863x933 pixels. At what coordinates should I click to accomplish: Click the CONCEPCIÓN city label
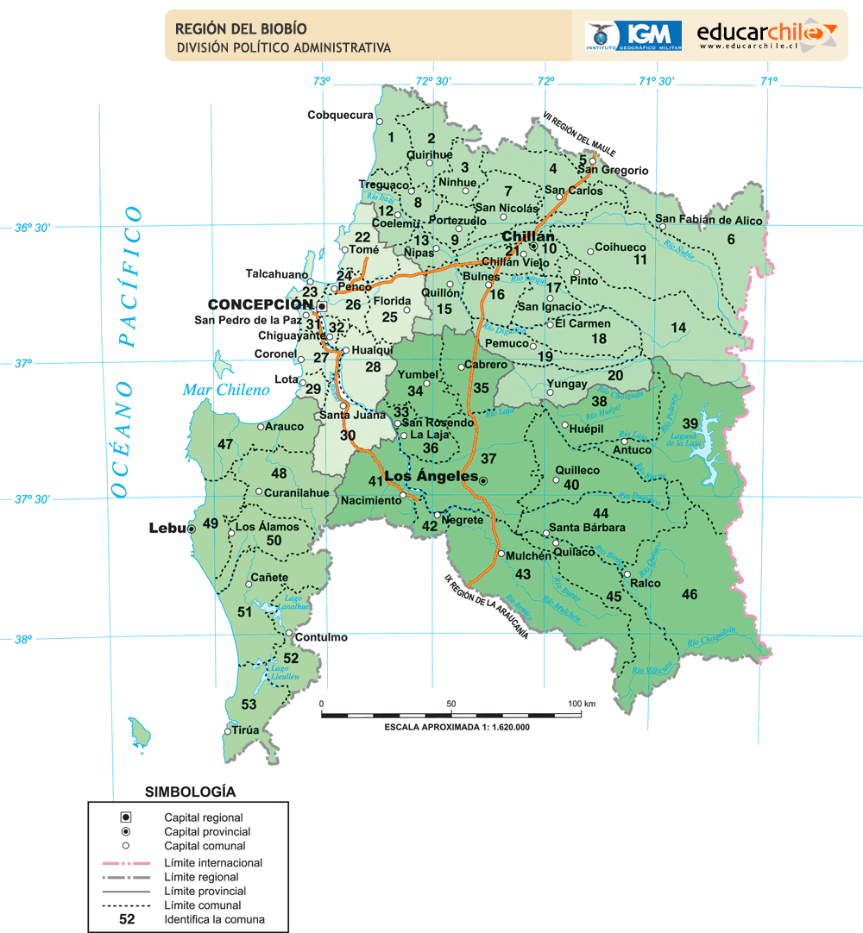[261, 304]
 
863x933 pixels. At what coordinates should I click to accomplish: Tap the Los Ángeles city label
[431, 477]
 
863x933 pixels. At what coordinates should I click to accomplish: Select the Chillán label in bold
[528, 235]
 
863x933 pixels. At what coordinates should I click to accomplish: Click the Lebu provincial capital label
[167, 528]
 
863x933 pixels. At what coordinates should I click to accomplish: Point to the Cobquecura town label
[340, 115]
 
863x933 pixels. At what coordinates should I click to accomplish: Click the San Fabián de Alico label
[709, 220]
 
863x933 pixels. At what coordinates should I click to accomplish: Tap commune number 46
[689, 594]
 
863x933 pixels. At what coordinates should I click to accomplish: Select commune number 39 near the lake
[690, 423]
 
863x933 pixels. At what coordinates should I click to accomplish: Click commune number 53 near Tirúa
[249, 704]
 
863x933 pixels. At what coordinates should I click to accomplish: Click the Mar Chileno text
[226, 390]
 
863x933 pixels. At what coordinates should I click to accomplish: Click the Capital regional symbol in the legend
[125, 817]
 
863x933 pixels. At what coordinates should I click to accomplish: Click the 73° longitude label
[321, 81]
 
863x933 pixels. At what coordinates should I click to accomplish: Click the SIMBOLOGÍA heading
[190, 791]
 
